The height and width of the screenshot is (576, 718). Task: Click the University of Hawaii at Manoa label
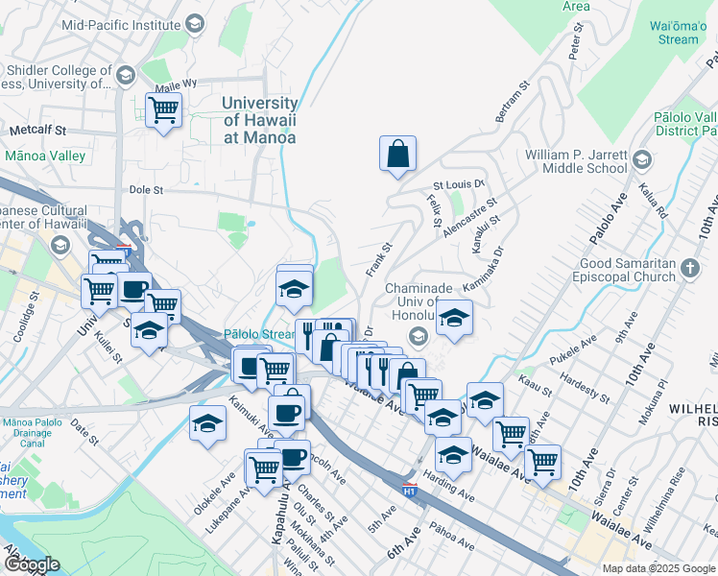[x=259, y=120]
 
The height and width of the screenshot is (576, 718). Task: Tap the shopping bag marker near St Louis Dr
[x=397, y=154]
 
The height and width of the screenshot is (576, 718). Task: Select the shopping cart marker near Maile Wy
[x=164, y=111]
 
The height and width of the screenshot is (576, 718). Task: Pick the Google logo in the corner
[x=31, y=564]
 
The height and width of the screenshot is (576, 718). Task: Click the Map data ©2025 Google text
[x=658, y=568]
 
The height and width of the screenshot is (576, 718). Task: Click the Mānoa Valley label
[x=45, y=156]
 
